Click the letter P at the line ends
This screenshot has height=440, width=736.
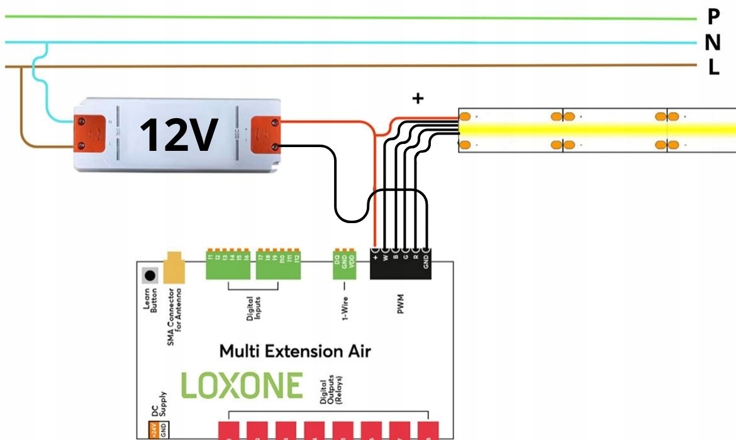[713, 18]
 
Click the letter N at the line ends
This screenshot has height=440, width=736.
[713, 43]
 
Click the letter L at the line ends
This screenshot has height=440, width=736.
[713, 67]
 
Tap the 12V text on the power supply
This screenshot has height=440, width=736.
[178, 135]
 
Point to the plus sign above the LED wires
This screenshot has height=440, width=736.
[417, 98]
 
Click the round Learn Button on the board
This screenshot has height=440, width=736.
[150, 275]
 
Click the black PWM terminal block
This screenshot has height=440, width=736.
[401, 265]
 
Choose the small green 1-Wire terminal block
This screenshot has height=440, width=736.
[345, 265]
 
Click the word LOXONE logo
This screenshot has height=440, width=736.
[242, 385]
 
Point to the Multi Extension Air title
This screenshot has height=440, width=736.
[294, 351]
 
